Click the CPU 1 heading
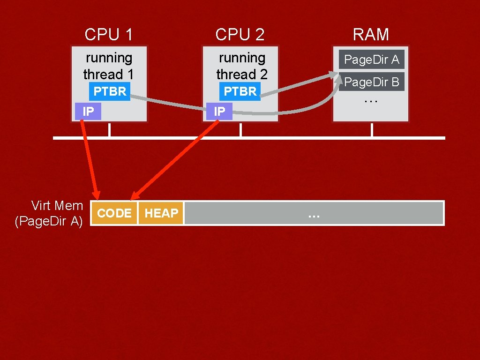(108, 34)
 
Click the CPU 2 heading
(240, 34)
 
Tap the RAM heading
(371, 34)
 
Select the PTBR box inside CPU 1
(110, 91)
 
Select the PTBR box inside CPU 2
(240, 91)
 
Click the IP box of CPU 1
(88, 112)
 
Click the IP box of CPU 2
(219, 112)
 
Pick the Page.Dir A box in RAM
(371, 60)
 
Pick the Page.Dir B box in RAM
(371, 82)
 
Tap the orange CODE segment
(114, 213)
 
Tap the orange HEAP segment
(161, 213)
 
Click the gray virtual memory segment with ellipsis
(314, 213)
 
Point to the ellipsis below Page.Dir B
(371, 100)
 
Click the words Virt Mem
(57, 205)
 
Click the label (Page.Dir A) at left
(49, 221)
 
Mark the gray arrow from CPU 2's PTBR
(300, 84)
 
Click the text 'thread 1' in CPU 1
(108, 75)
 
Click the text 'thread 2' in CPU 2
(241, 75)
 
